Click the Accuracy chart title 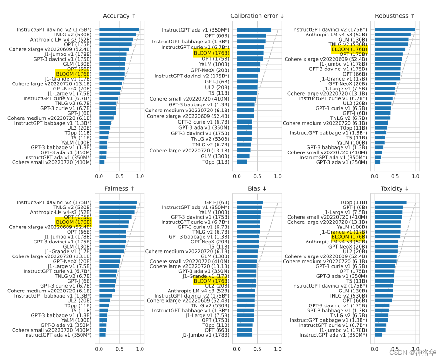(119, 16)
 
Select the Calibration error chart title (257, 16)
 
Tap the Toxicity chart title (394, 188)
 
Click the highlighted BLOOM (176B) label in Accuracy (73, 74)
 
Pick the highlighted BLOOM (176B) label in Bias (211, 281)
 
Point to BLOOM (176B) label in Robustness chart (349, 49)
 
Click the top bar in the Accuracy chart (119, 30)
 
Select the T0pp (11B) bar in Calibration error (242, 162)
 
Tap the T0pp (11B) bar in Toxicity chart (390, 202)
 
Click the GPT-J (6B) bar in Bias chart (250, 202)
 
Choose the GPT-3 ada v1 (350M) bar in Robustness (377, 162)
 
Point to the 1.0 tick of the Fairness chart (140, 349)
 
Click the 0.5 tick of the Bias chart (258, 349)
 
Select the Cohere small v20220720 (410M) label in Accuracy (52, 162)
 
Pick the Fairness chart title (119, 188)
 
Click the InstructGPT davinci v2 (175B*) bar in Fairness (118, 202)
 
